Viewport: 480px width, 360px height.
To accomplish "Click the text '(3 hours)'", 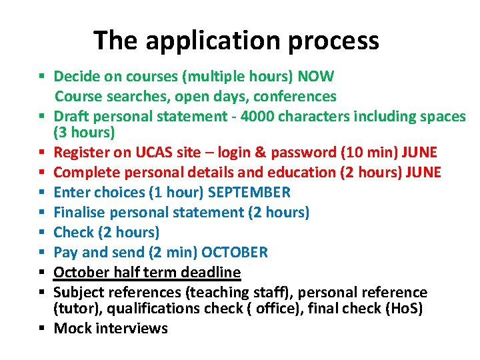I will click(x=85, y=132).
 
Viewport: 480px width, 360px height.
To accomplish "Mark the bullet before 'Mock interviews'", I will click(x=41, y=328).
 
